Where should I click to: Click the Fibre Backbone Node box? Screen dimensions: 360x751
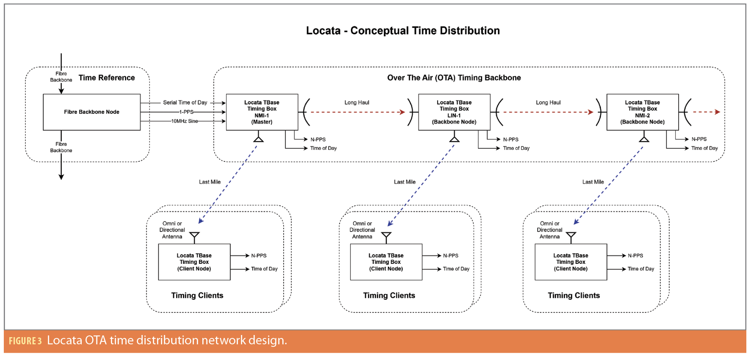(x=91, y=112)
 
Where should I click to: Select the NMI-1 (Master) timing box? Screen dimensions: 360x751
(x=262, y=112)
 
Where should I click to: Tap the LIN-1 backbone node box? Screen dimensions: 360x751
(x=454, y=112)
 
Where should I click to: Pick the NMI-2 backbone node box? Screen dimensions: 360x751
(x=642, y=112)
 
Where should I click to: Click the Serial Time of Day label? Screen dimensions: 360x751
(x=185, y=102)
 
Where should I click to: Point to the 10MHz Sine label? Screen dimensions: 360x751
(x=185, y=121)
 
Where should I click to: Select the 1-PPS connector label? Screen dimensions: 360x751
(x=186, y=112)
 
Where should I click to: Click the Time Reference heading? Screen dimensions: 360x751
(x=107, y=78)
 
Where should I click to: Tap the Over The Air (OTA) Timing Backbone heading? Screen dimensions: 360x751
(x=454, y=78)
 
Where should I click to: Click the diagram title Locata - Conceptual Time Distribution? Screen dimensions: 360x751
(x=403, y=30)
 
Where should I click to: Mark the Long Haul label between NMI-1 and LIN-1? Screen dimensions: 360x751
(x=356, y=102)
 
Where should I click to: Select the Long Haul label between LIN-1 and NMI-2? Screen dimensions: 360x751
(x=548, y=102)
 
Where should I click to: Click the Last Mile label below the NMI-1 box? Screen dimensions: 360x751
(x=210, y=182)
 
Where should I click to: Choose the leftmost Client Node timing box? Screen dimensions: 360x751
(x=194, y=262)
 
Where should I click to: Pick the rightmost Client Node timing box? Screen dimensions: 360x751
(x=570, y=262)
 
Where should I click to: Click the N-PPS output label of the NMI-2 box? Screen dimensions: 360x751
(x=699, y=139)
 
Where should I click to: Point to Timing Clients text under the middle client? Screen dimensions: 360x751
(x=389, y=295)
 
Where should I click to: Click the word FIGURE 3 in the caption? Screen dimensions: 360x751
(x=25, y=341)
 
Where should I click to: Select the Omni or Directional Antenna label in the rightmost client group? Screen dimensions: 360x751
(x=549, y=230)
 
